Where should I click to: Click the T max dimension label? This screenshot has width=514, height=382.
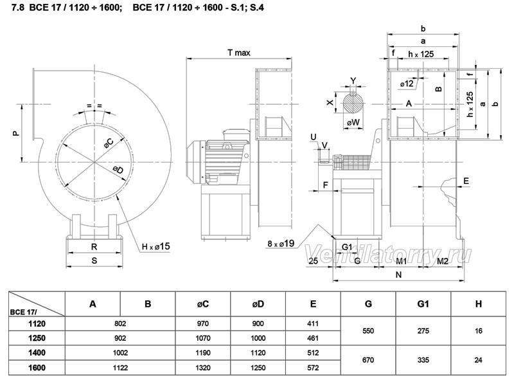[x=238, y=53]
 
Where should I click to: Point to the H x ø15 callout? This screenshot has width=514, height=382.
[x=155, y=246]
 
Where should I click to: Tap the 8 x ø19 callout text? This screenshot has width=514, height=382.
[x=281, y=244]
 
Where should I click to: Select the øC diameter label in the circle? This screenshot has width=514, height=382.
[x=109, y=143]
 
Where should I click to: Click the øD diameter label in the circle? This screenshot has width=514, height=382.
[x=118, y=170]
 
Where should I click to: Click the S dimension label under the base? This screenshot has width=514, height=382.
[x=94, y=260]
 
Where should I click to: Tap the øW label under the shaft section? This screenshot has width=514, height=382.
[x=353, y=122]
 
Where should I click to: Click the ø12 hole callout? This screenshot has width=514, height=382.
[x=407, y=84]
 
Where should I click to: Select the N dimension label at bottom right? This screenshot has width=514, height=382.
[x=398, y=275]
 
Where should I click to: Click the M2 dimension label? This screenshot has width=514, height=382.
[x=443, y=261]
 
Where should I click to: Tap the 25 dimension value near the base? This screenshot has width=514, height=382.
[x=314, y=260]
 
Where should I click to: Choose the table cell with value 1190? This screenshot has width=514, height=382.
[x=203, y=353]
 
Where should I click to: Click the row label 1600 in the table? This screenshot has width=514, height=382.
[x=37, y=368]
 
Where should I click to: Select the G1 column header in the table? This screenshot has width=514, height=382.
[x=423, y=304]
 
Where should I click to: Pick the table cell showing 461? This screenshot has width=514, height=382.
[x=313, y=338]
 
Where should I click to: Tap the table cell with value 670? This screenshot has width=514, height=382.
[x=368, y=360]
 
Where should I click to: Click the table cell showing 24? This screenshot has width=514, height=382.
[x=478, y=360]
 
